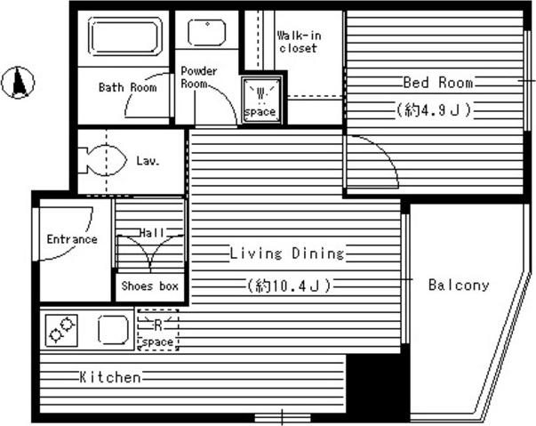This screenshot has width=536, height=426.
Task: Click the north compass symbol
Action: (18, 83)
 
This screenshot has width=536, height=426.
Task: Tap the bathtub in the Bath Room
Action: (124, 36)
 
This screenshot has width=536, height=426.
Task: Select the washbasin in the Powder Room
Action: (207, 33)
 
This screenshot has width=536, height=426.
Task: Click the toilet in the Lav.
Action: (102, 160)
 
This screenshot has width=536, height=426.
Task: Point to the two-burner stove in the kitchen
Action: (61, 331)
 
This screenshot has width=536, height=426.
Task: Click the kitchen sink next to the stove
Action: (114, 329)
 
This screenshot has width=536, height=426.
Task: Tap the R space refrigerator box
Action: (158, 330)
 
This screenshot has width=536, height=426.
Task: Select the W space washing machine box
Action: (261, 100)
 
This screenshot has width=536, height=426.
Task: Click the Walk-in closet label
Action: (299, 42)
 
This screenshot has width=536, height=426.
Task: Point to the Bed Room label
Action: (438, 83)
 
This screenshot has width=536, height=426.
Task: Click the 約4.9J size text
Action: (434, 110)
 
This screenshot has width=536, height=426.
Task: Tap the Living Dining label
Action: (287, 253)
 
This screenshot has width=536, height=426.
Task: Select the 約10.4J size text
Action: (289, 285)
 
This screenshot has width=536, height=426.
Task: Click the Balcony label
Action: (459, 285)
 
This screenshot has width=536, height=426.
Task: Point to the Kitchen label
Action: (110, 377)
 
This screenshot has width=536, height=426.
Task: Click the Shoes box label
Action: (149, 285)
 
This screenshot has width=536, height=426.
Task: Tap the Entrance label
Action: (72, 239)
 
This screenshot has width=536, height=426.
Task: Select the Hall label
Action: (152, 233)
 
